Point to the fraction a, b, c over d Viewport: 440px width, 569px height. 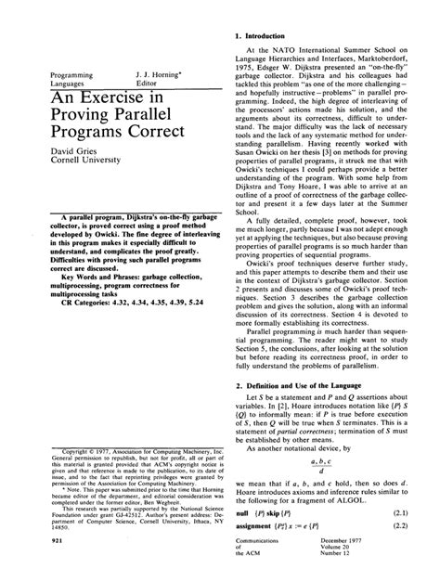(x=325, y=469)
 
